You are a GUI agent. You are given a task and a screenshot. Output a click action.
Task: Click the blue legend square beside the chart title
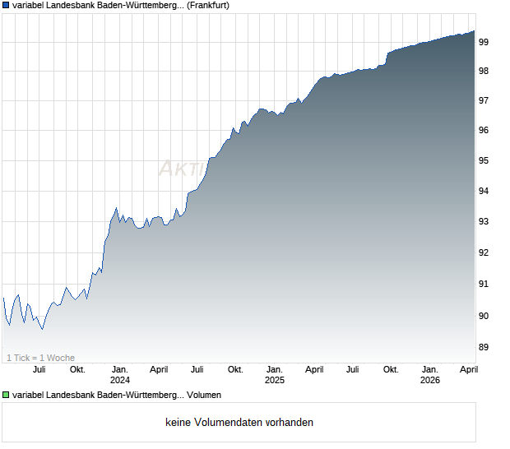[x=6, y=5]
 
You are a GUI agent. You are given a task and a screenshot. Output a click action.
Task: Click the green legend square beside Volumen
[x=6, y=395]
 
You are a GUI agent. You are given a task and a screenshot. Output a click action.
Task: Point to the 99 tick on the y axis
[x=484, y=41]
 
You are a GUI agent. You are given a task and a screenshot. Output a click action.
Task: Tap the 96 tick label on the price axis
[x=484, y=131]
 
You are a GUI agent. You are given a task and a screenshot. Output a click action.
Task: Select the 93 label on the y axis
[x=484, y=222]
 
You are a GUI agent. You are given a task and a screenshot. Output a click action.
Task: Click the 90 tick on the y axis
[x=484, y=316]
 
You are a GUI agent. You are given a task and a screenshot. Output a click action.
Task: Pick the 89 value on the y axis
[x=484, y=347]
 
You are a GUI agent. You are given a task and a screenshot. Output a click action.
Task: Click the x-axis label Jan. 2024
[x=120, y=374]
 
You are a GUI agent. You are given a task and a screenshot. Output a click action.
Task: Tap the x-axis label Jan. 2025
[x=275, y=374]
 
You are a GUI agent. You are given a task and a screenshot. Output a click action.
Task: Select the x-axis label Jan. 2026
[x=429, y=374]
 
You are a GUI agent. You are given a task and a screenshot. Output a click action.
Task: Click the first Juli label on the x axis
[x=39, y=369]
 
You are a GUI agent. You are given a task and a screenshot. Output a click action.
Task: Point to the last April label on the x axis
[x=468, y=369]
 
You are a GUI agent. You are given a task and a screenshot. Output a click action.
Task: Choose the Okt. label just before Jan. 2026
[x=391, y=369]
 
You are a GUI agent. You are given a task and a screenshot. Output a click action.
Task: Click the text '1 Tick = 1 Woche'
[x=40, y=358]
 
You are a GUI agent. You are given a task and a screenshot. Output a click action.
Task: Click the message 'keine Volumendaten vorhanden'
[x=239, y=423]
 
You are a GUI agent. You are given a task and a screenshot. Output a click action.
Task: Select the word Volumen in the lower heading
[x=204, y=395]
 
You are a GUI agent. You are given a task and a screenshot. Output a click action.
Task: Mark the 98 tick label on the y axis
[x=484, y=71]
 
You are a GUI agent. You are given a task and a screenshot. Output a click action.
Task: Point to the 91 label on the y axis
[x=484, y=284]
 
